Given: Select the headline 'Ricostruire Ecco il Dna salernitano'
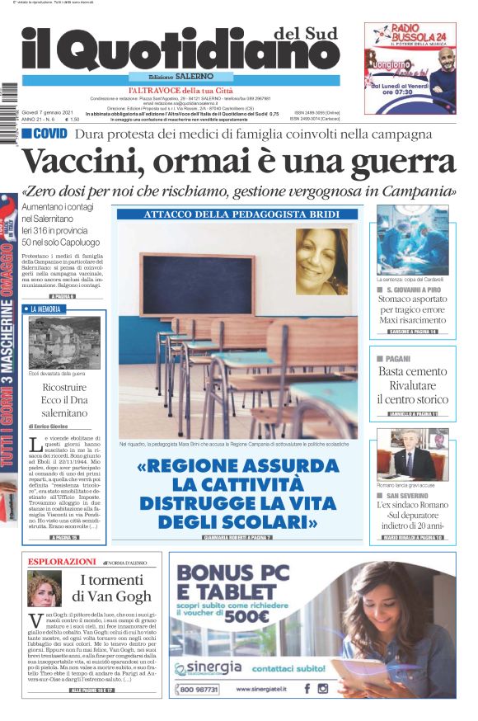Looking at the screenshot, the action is pos(64,398).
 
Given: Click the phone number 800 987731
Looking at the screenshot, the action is pos(199,688).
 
